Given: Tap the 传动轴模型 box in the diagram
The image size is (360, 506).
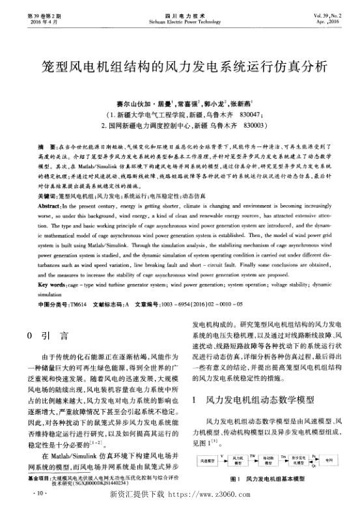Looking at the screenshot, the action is pyautogui.click(x=270, y=460).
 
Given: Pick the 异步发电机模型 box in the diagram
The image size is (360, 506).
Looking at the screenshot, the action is pyautogui.click(x=299, y=460).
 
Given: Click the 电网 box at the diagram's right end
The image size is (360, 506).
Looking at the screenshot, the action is pyautogui.click(x=329, y=460).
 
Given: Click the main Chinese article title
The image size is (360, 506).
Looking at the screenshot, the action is pyautogui.click(x=180, y=67).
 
